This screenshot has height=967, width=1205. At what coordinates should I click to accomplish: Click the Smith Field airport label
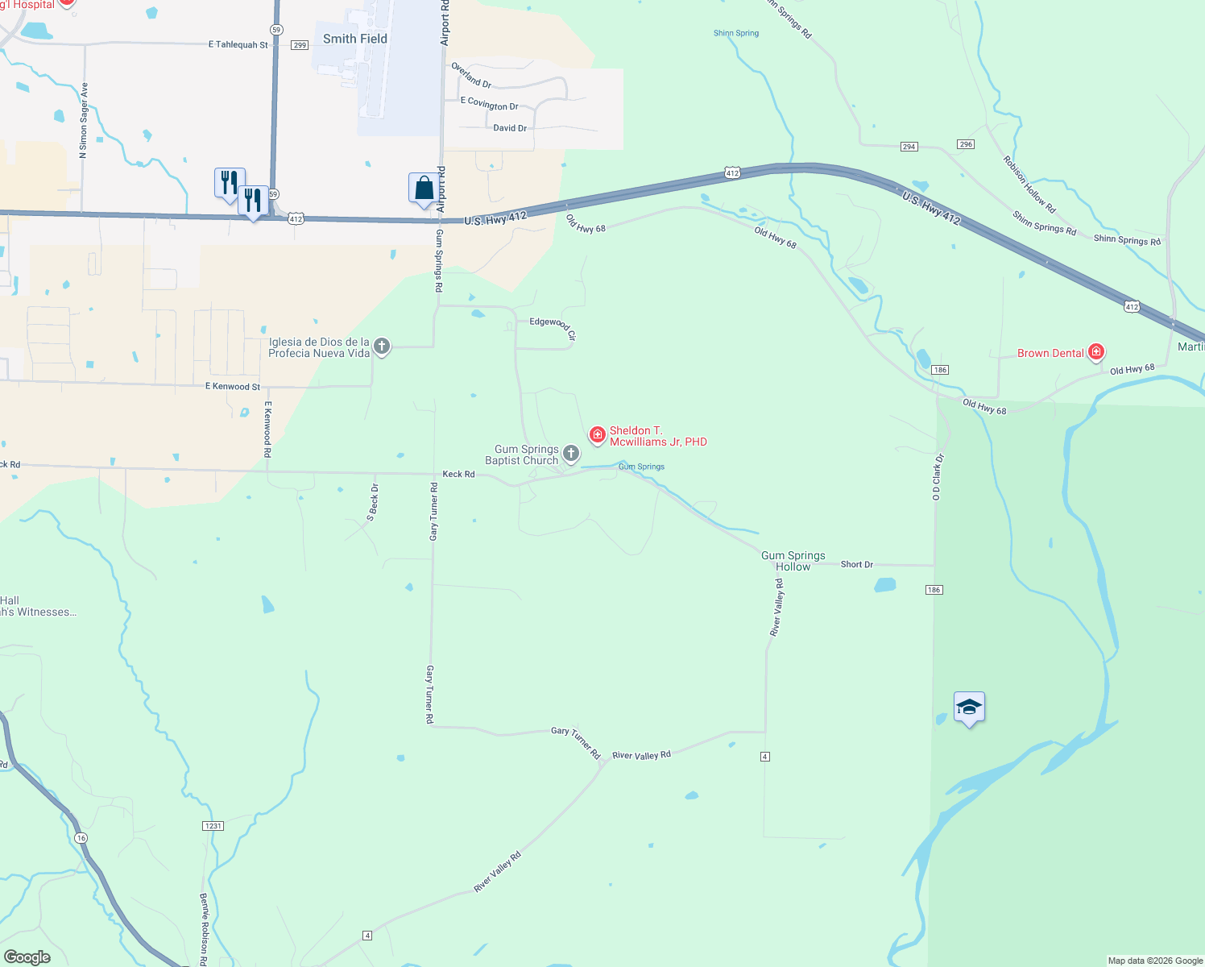(354, 39)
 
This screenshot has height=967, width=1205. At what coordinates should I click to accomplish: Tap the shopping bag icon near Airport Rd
(424, 189)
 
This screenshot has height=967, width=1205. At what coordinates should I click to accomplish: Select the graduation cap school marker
(968, 708)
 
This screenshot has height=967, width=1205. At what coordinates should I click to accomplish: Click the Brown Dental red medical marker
(1095, 352)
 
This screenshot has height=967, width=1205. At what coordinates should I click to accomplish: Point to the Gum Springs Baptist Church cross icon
(570, 454)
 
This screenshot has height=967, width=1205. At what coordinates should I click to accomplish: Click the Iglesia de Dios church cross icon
(382, 347)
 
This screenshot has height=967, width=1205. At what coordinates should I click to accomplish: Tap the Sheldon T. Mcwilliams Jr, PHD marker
(597, 435)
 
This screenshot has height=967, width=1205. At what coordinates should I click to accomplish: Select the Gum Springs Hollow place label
(793, 561)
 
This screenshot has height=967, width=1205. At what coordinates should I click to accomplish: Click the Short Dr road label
(856, 564)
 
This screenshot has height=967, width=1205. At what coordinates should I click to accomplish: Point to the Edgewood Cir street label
(553, 326)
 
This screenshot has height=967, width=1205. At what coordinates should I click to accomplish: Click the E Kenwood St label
(233, 387)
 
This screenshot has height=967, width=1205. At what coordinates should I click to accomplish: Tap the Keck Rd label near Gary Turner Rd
(458, 474)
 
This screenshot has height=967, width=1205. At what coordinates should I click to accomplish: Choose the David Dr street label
(510, 128)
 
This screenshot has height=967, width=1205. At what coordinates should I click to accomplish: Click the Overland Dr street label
(471, 75)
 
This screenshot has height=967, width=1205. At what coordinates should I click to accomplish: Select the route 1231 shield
(213, 826)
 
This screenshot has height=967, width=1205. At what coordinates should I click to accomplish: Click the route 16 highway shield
(81, 838)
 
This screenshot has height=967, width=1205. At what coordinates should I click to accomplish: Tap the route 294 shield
(909, 147)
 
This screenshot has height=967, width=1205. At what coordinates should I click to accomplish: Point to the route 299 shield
(300, 45)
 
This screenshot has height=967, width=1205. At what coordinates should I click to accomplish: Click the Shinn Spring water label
(736, 33)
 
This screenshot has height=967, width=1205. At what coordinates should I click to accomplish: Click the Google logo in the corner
(27, 957)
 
